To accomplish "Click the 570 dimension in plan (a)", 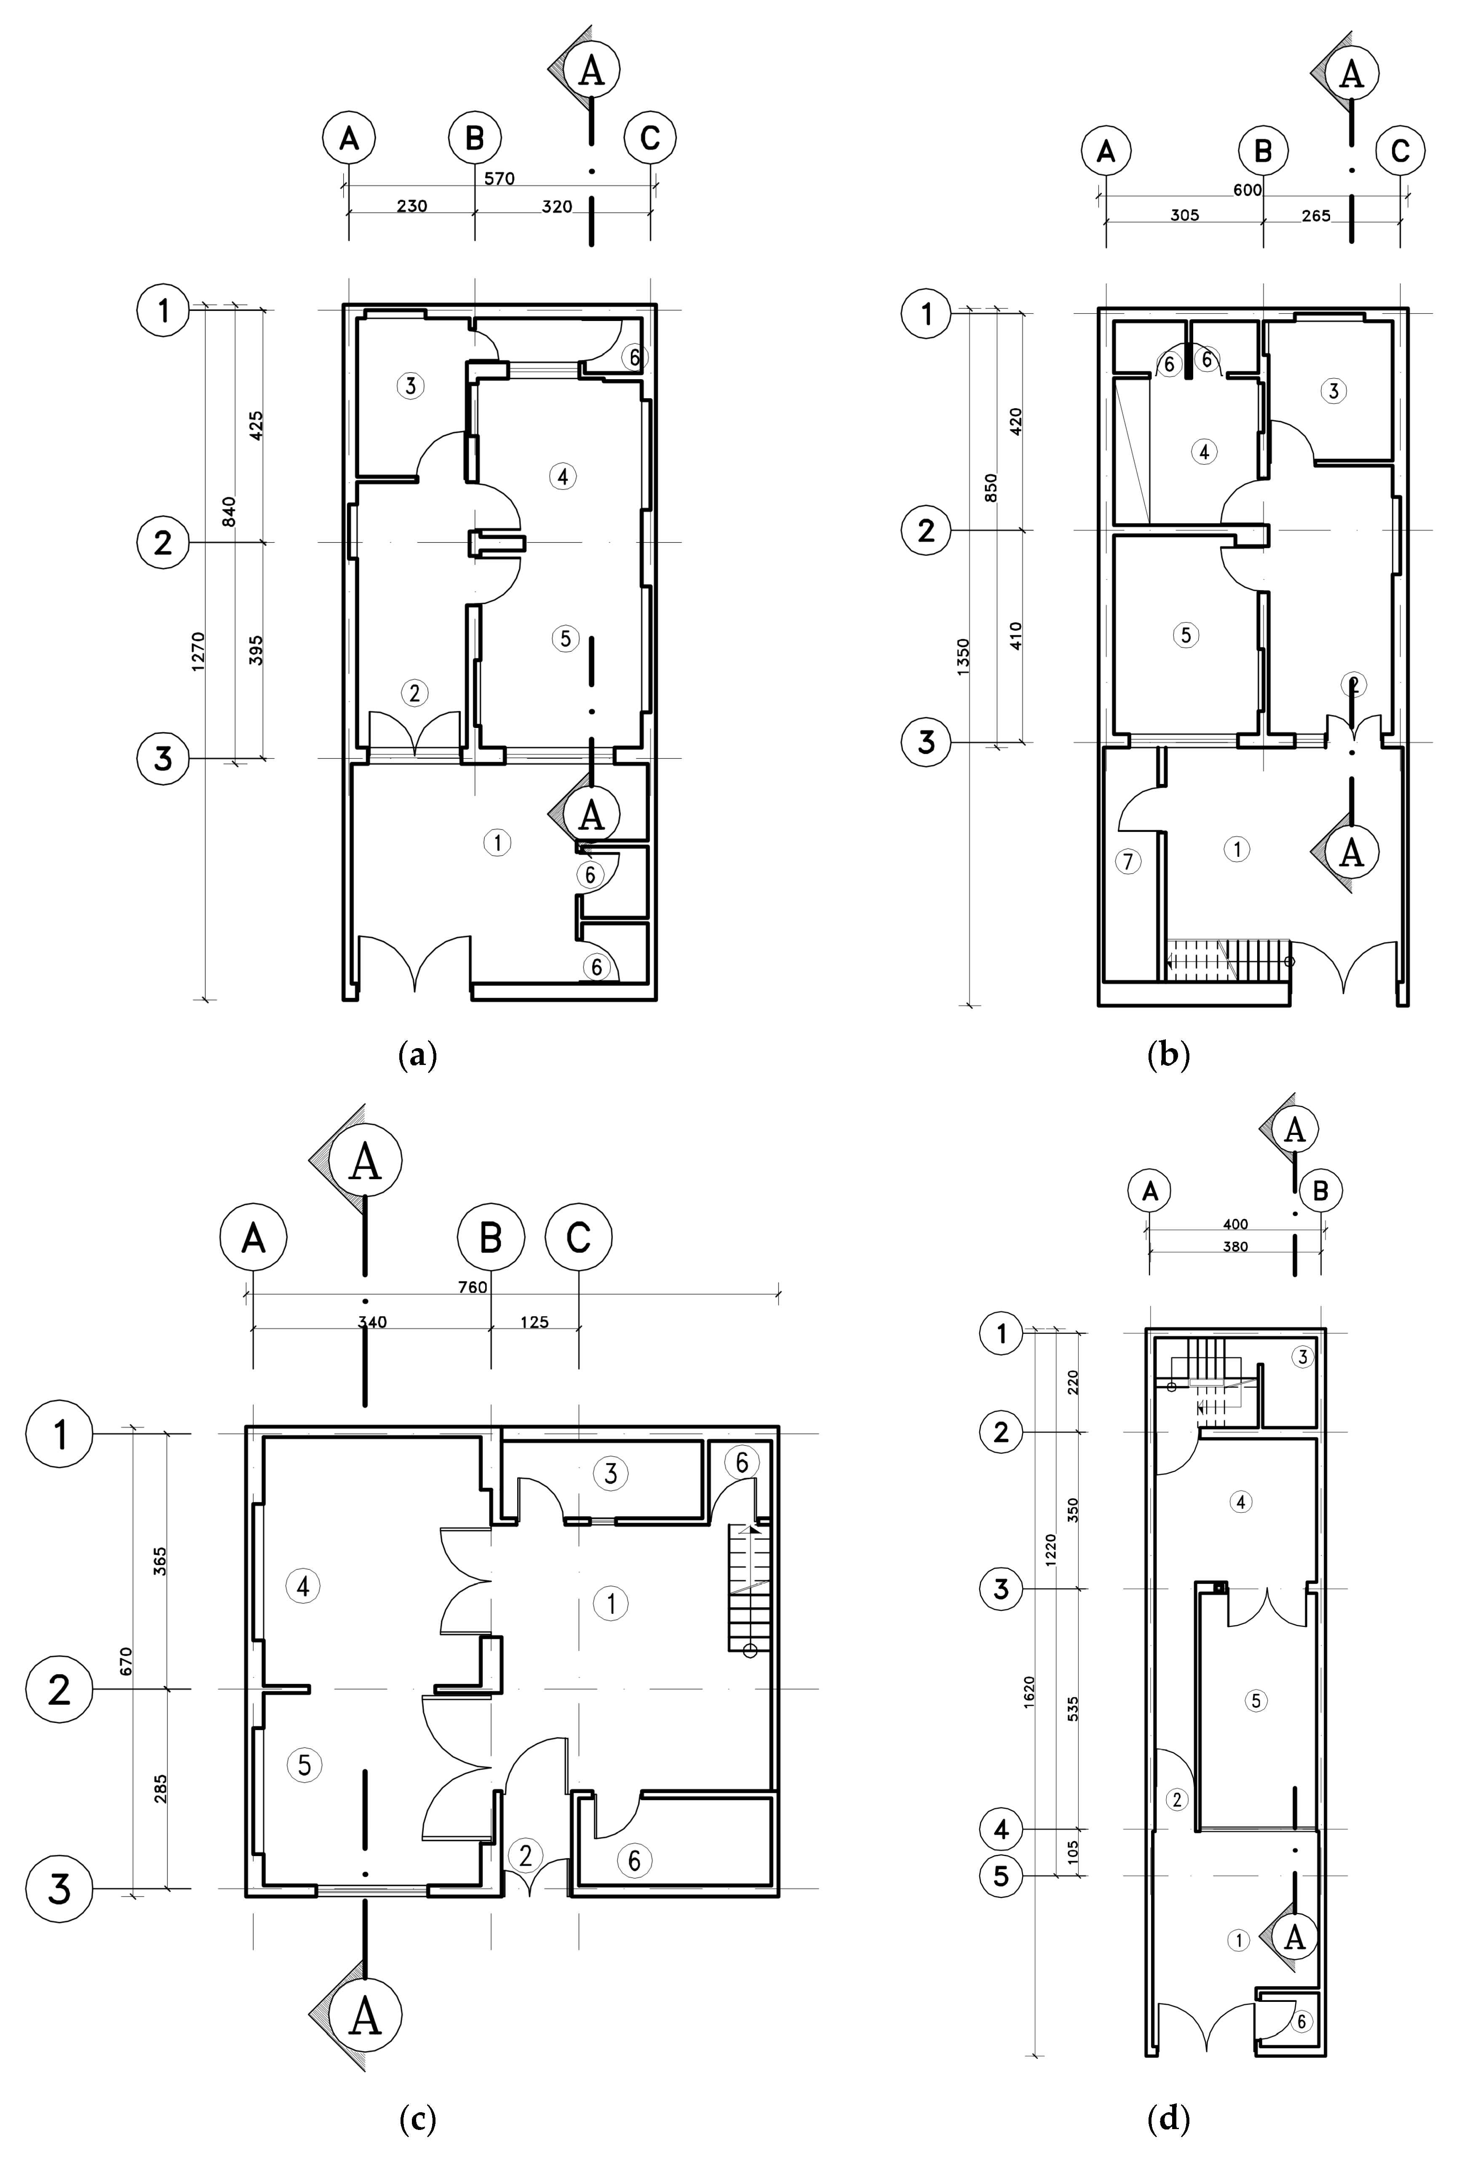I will pos(499,178).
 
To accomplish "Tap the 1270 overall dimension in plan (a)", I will pos(197,651).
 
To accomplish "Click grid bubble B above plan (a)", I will pos(475,139).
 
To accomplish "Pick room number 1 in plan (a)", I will pos(498,843).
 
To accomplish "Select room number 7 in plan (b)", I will pos(1128,861).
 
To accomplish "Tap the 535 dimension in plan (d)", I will pos(1073,1707).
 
